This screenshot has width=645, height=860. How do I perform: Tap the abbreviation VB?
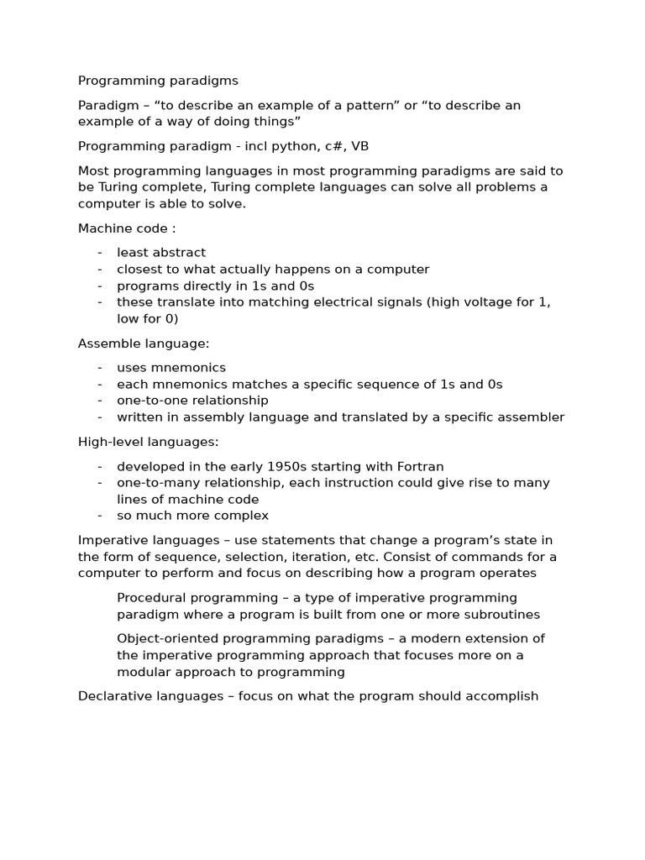(359, 146)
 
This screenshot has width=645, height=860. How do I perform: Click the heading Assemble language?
(144, 343)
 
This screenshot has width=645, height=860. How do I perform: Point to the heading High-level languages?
(148, 441)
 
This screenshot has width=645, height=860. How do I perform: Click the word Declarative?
(114, 696)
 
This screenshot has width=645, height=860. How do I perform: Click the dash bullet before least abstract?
(100, 252)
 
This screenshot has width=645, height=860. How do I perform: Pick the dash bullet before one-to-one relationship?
(100, 400)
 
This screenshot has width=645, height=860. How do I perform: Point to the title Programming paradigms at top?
(158, 81)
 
